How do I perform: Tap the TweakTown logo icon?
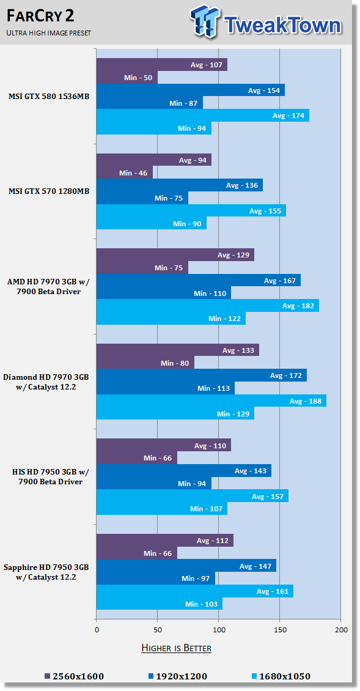[206, 21]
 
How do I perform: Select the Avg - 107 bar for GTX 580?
[162, 65]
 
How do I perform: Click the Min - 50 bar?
[127, 78]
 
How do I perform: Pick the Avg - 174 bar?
[203, 116]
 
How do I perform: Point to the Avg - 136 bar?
[179, 185]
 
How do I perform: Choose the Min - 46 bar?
[125, 172]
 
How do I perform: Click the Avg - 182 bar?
[208, 306]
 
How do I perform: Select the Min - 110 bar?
[163, 293]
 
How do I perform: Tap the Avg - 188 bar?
[211, 401]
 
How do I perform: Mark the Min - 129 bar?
[175, 413]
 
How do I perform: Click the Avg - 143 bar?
[184, 471]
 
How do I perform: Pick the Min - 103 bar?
[160, 604]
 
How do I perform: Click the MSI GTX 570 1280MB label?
[48, 191]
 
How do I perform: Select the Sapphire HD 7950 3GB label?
[46, 572]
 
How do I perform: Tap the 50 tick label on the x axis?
[157, 630]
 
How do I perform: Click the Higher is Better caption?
[176, 648]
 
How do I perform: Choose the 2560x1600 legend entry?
[75, 676]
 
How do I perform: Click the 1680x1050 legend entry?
[281, 676]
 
